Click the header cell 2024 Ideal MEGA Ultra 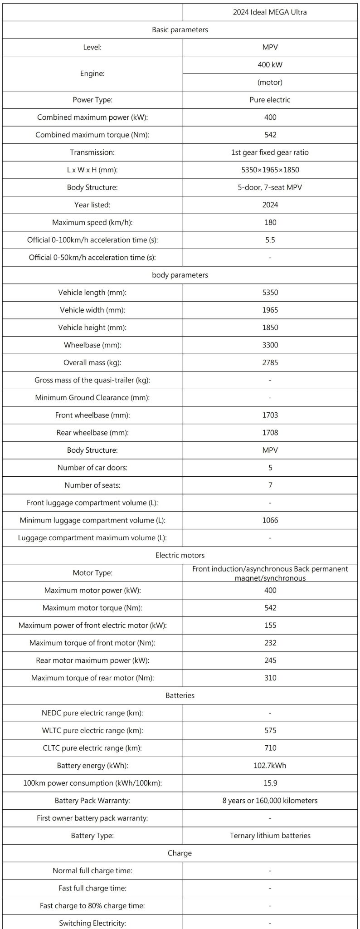point(270,12)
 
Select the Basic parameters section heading point(180,30)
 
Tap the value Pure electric point(270,100)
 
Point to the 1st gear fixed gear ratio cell point(270,152)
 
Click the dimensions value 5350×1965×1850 point(270,170)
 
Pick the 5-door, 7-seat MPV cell point(270,187)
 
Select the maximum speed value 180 point(270,222)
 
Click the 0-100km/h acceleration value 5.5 point(270,240)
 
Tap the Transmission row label point(92,152)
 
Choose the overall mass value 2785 point(270,362)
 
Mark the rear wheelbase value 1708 point(270,433)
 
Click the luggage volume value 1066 point(270,520)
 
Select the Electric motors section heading point(180,555)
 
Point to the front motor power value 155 point(270,626)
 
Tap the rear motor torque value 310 point(270,678)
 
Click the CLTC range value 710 point(270,748)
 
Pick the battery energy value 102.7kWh point(270,766)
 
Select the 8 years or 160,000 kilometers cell point(270,801)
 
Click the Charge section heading point(180,853)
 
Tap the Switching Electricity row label point(92,923)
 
